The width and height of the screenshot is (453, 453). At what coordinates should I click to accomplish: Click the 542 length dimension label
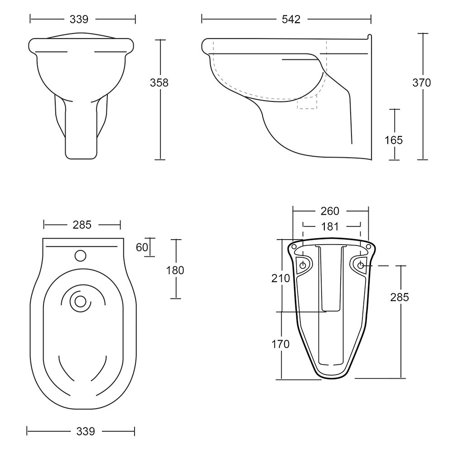click(291, 19)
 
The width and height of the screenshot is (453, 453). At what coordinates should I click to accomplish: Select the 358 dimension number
click(159, 82)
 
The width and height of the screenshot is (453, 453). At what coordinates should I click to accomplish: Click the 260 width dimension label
click(330, 211)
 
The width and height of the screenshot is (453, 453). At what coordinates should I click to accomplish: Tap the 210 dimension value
click(280, 278)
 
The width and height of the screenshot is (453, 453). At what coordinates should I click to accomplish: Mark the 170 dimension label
click(280, 344)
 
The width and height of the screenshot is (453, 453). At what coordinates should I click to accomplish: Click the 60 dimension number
click(142, 247)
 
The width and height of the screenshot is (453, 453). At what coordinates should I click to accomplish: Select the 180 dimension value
click(175, 270)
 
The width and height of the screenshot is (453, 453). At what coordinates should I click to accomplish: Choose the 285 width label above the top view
click(82, 224)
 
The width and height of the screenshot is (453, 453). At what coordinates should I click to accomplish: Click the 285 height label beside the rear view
click(400, 297)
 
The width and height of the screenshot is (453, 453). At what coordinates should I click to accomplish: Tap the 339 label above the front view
click(79, 19)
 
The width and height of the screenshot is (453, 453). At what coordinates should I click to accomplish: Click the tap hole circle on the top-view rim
click(80, 256)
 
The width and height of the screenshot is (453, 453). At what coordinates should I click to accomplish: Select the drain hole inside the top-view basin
click(81, 300)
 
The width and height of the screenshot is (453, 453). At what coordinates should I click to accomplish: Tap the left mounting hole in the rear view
click(303, 265)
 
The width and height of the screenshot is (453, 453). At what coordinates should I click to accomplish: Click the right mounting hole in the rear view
click(360, 265)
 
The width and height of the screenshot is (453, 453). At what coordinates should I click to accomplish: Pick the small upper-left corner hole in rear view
click(294, 246)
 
